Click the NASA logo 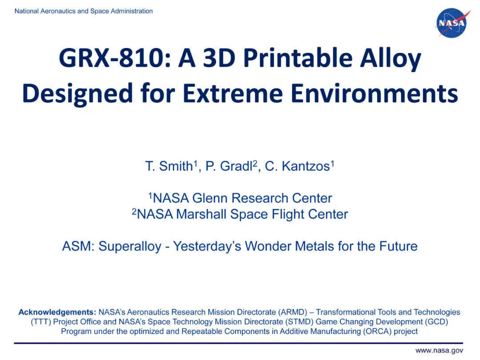click(x=451, y=23)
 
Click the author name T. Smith click(x=169, y=167)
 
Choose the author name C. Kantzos click(x=298, y=167)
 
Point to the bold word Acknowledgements click(x=57, y=312)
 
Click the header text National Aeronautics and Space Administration click(x=84, y=11)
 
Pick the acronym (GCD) click(x=436, y=321)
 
